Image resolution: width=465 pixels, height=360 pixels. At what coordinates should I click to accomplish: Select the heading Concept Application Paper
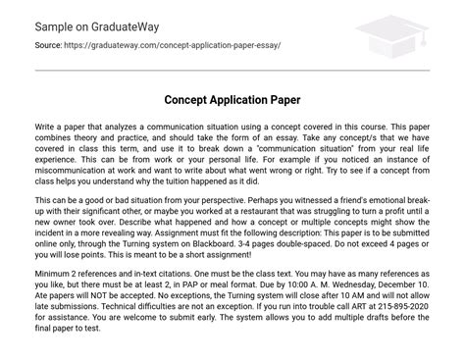pyautogui.click(x=232, y=101)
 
